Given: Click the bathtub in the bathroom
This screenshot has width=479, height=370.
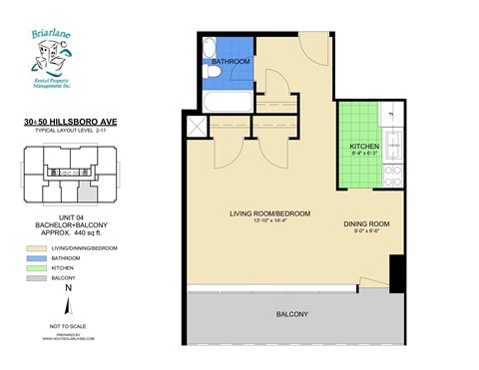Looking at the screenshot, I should (x=227, y=103).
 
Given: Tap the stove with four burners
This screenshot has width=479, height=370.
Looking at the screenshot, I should (x=391, y=177).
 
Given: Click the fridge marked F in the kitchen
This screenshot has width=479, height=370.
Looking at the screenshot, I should (x=390, y=118).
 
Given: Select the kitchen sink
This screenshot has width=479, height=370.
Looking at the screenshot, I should (x=391, y=149).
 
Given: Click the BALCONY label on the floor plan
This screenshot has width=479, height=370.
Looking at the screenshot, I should (x=291, y=315).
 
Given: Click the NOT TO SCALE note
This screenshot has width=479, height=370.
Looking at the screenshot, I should (x=68, y=326).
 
